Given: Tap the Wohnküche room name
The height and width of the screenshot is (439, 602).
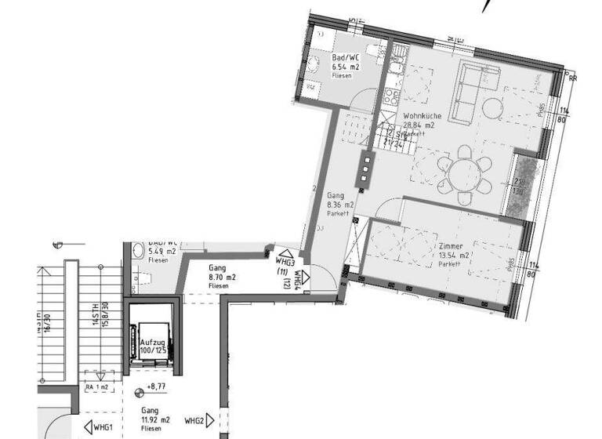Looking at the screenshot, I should click(x=421, y=116).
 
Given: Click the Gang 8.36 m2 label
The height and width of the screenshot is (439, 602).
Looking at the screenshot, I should click(x=339, y=205).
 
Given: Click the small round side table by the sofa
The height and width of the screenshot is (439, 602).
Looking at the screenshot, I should click(x=492, y=106).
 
